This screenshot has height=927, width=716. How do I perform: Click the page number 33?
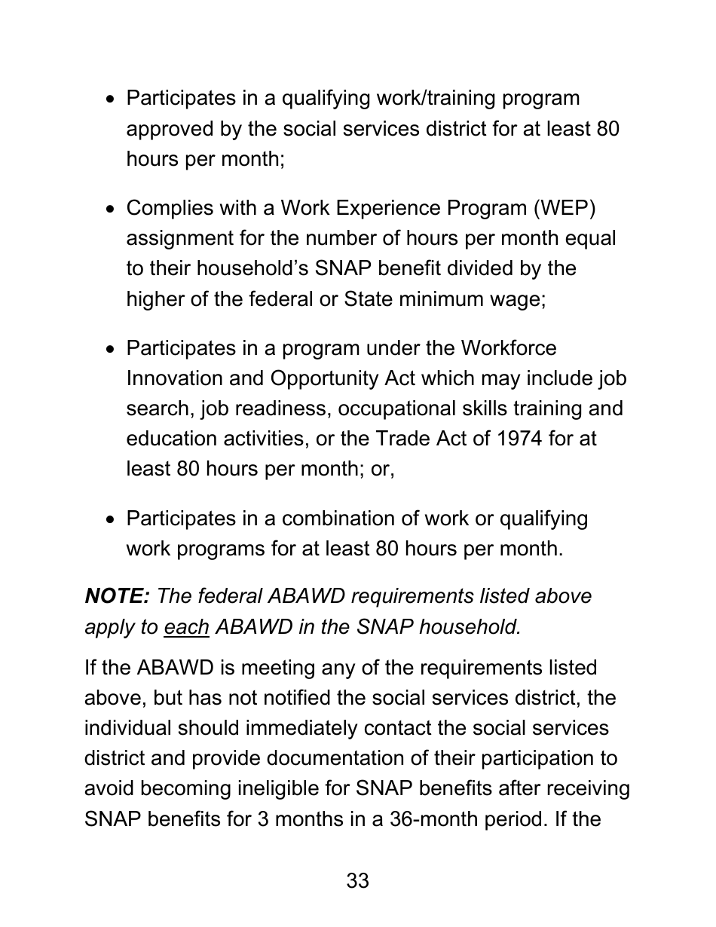click(x=357, y=880)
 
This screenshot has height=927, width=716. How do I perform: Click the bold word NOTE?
click(x=117, y=596)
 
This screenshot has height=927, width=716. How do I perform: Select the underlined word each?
click(x=186, y=627)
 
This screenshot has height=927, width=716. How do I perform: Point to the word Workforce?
click(x=508, y=348)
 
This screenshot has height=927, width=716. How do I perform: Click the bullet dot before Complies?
click(x=111, y=209)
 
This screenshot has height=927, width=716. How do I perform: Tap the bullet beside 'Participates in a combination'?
click(x=111, y=519)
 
